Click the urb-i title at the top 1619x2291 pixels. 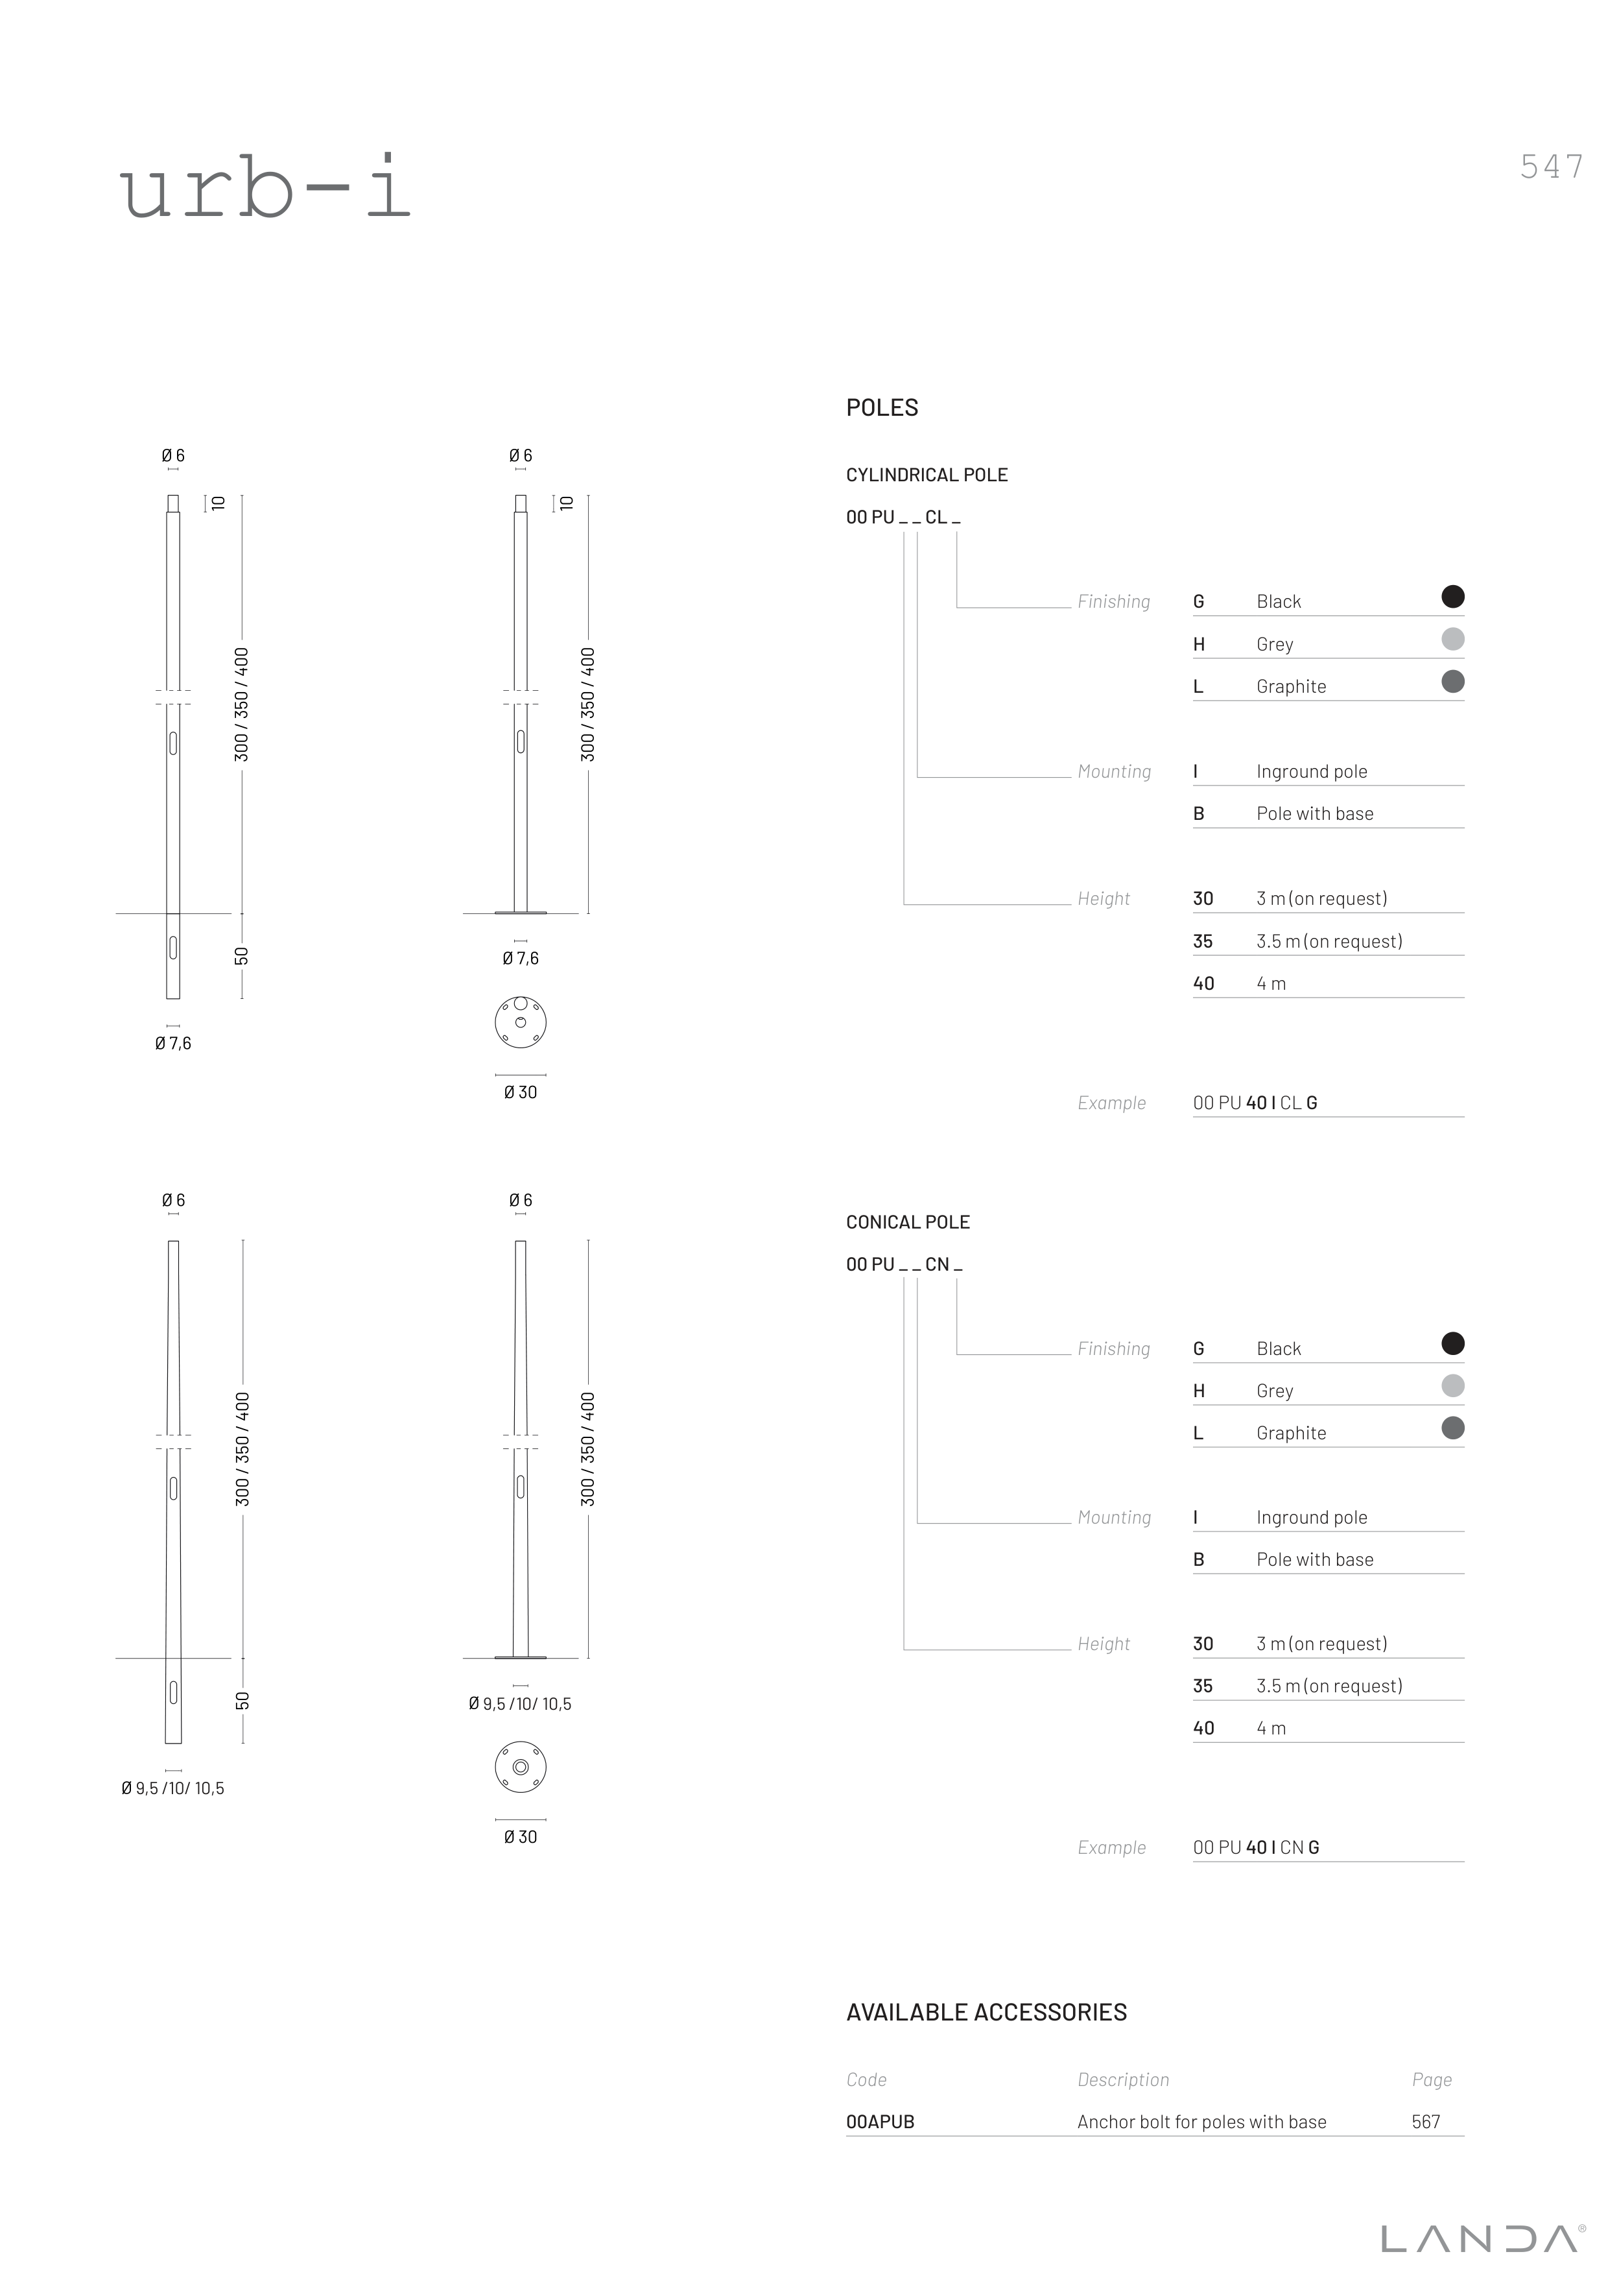[x=265, y=187]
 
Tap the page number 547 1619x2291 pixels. [x=1551, y=167]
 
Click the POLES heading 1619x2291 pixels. [x=882, y=407]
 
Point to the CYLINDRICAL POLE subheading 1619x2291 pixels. [x=927, y=475]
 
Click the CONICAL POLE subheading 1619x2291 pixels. [x=908, y=1222]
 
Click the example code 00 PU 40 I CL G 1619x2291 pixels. [x=1255, y=1103]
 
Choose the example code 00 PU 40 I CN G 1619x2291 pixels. [x=1256, y=1848]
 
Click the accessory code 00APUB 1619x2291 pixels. [x=880, y=2122]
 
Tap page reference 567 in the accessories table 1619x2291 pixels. [x=1426, y=2122]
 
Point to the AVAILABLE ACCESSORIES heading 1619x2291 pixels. [x=987, y=2013]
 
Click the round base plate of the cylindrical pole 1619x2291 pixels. [x=521, y=1022]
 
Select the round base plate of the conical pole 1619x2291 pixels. [x=521, y=1767]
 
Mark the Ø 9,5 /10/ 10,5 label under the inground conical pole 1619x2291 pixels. [x=172, y=1789]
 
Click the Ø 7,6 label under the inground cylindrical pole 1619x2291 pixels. [x=172, y=1044]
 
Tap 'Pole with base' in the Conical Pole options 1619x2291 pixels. [x=1315, y=1559]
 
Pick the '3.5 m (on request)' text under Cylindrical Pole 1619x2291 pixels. [x=1329, y=941]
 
